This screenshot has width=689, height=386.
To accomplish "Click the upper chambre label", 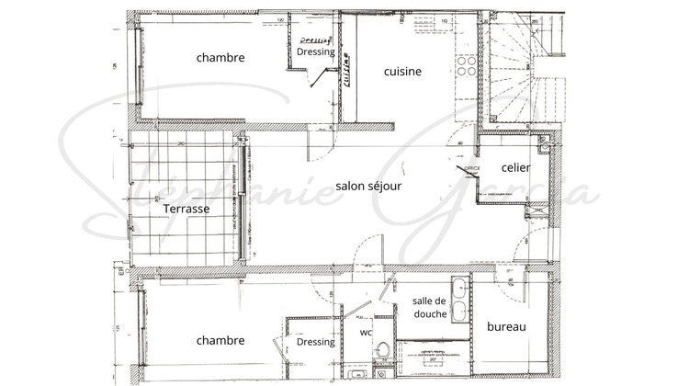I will [x=220, y=57].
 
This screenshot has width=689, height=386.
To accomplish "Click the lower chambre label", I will [x=220, y=340].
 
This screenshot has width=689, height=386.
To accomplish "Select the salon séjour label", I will [x=368, y=185].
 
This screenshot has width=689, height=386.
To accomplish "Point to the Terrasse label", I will [x=186, y=209].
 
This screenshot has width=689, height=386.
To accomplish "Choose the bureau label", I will [x=505, y=327].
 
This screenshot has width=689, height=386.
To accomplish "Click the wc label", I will [x=365, y=332].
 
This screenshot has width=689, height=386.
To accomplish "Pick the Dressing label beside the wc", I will [x=315, y=342].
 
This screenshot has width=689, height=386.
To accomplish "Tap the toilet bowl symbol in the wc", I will [x=385, y=352].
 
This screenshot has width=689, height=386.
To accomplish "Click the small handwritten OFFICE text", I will [x=472, y=169].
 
